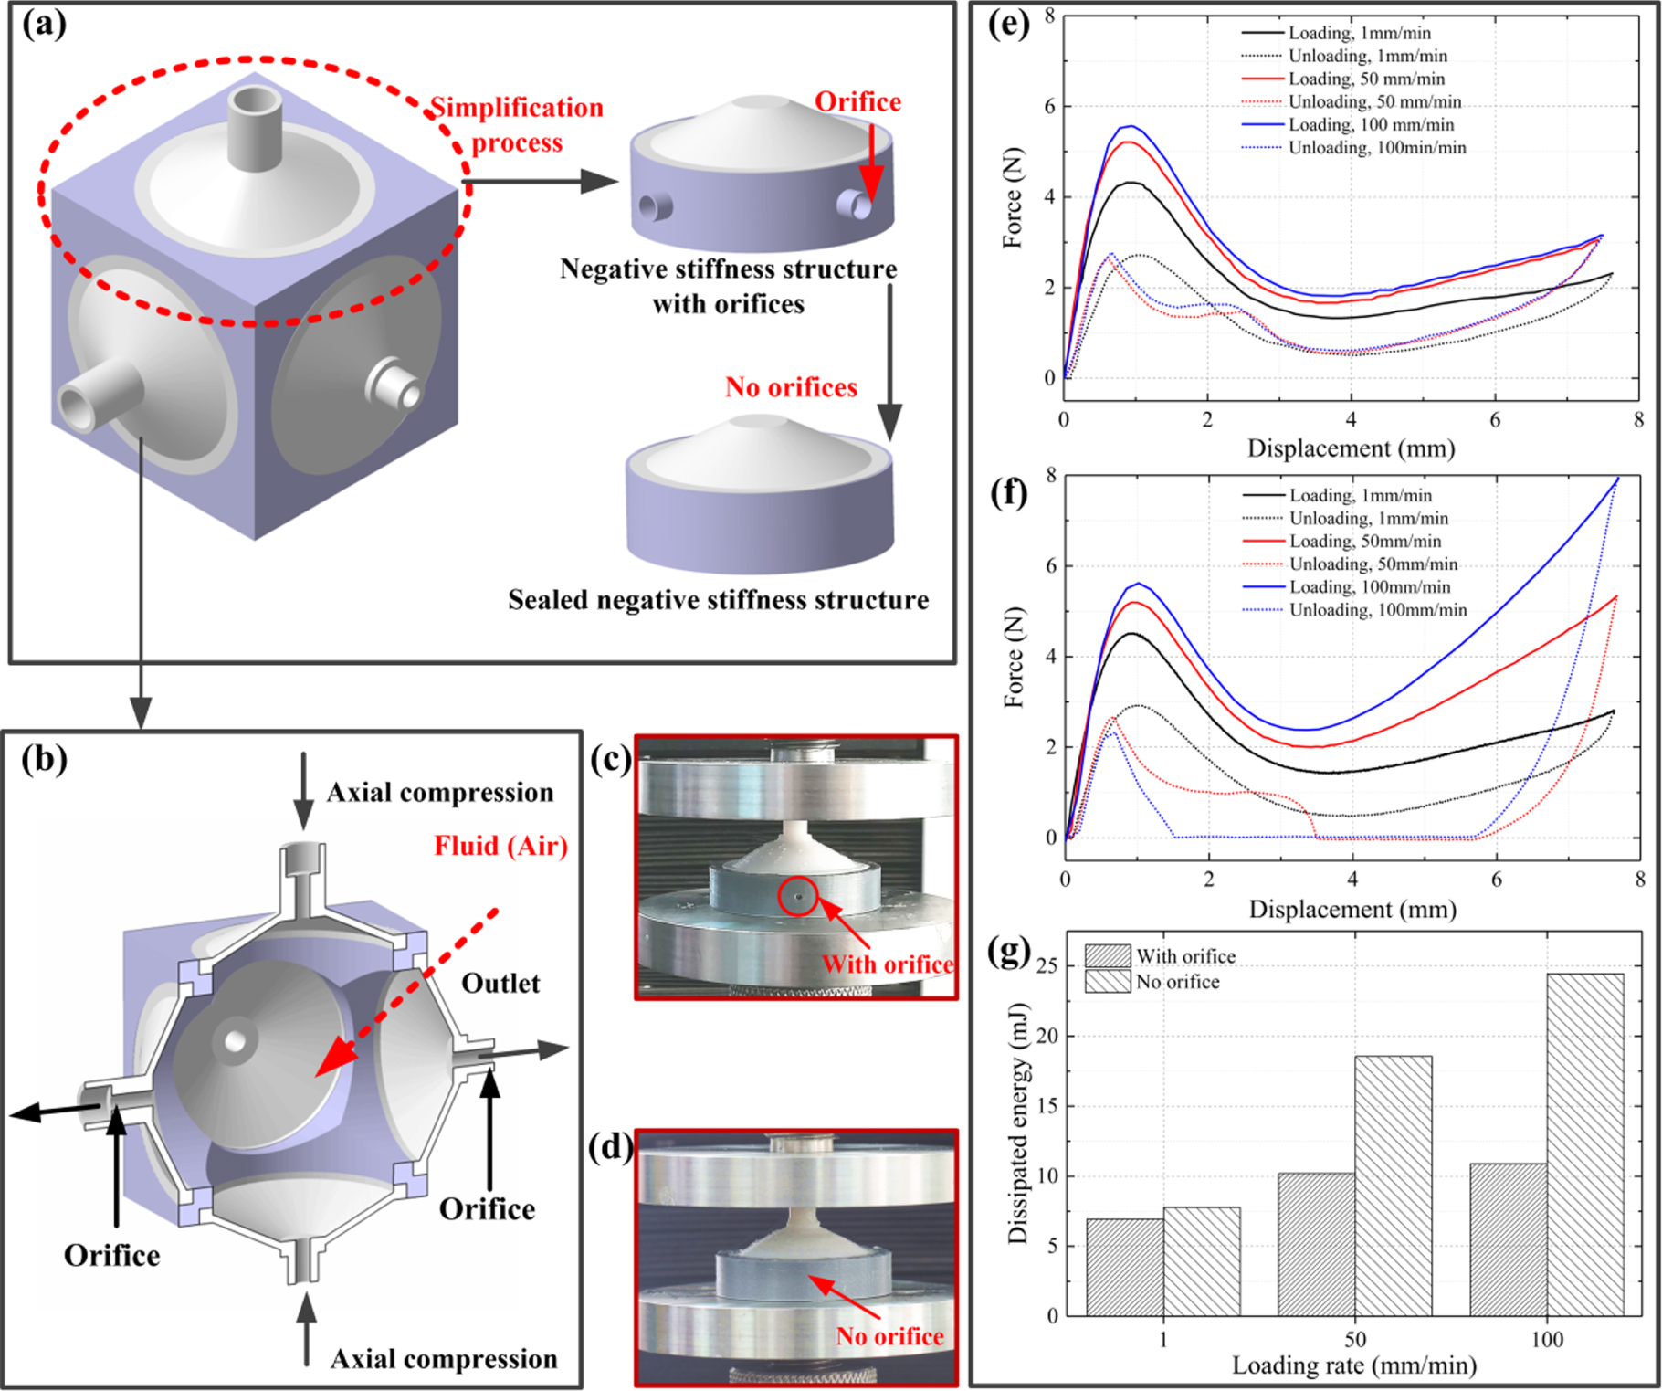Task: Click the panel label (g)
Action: coord(1009,952)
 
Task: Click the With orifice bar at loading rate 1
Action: coord(1124,1266)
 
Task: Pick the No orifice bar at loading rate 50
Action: coord(1393,1185)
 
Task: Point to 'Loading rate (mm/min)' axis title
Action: coord(1353,1365)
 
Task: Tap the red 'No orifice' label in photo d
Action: coord(889,1336)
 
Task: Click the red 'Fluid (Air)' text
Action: coord(500,846)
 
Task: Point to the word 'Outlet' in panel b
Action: coord(500,984)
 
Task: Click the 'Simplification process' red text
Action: coord(517,124)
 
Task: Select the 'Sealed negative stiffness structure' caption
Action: coord(718,600)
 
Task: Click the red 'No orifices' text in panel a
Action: coord(791,387)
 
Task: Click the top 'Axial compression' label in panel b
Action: coord(440,793)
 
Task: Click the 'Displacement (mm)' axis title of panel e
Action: coord(1351,448)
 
